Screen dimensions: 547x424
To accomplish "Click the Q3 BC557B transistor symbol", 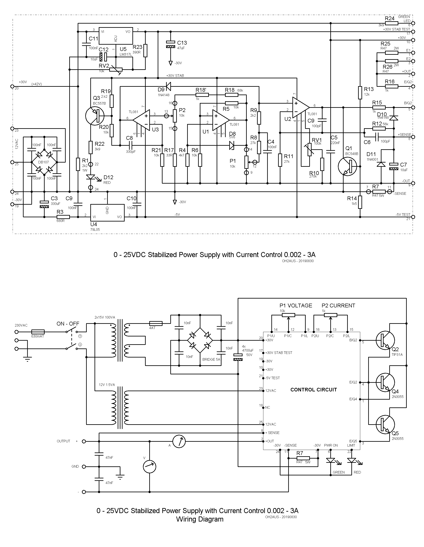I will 95,116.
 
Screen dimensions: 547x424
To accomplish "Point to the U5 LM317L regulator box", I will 116,36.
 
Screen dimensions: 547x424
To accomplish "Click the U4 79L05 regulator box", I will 107,213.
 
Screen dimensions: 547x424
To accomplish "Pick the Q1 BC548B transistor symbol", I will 347,166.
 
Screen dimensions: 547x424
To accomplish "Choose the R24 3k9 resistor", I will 391,23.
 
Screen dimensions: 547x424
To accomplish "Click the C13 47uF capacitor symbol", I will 171,45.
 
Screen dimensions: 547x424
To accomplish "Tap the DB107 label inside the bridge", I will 44,162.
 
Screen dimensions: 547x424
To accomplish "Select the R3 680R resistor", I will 63,217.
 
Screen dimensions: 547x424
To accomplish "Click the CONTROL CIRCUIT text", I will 313,390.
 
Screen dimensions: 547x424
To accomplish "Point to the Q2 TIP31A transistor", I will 385,340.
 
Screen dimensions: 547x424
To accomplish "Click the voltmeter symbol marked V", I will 149,466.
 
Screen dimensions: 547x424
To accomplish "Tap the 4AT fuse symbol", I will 156,323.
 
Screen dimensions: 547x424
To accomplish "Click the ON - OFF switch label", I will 68,324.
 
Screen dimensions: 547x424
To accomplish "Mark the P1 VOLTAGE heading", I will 296,306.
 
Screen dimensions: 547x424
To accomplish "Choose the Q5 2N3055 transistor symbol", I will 385,424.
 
